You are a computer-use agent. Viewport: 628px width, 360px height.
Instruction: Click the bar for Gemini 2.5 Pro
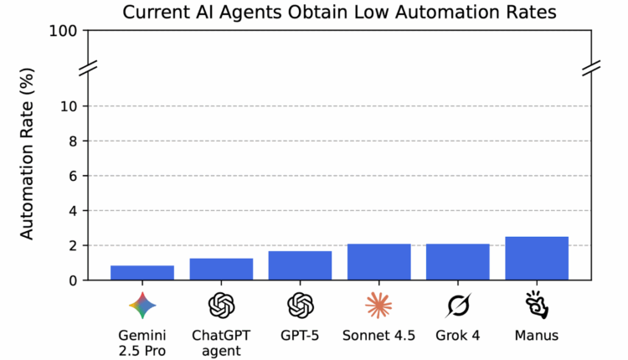(x=142, y=273)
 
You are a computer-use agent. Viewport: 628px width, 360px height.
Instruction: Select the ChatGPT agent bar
(x=221, y=270)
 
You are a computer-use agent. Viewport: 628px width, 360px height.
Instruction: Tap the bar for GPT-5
(x=300, y=266)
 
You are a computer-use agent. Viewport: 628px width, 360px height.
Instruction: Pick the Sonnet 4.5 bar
(x=378, y=262)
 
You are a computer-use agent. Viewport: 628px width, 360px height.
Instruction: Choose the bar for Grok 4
(x=457, y=262)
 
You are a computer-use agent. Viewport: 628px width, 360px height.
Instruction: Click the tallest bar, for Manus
(x=537, y=259)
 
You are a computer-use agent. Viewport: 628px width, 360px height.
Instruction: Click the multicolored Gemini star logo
(x=142, y=306)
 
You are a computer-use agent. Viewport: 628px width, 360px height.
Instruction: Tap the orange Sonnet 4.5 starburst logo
(x=378, y=306)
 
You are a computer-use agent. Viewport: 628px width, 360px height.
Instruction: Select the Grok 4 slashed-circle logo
(x=457, y=306)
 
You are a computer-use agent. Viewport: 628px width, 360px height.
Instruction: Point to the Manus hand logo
(x=537, y=306)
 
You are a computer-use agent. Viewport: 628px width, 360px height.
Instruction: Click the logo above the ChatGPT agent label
(x=221, y=306)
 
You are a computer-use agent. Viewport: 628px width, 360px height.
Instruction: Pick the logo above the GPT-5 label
(x=300, y=306)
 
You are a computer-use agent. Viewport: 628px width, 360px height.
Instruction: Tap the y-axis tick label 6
(x=74, y=176)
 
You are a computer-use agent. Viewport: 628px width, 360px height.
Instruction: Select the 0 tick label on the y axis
(x=74, y=280)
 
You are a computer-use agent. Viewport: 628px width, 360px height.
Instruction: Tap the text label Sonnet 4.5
(x=378, y=337)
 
